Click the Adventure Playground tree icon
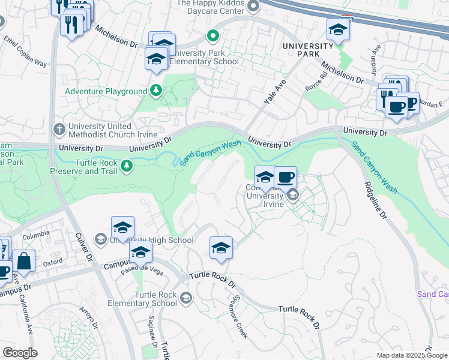(x=156, y=91)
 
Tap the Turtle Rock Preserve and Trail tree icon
(x=127, y=165)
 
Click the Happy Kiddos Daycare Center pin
(x=253, y=6)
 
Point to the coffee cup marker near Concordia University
(x=286, y=178)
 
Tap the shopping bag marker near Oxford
(x=23, y=262)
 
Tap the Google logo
(x=20, y=353)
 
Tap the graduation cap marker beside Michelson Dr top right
(x=338, y=30)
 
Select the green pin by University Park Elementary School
(x=212, y=37)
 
